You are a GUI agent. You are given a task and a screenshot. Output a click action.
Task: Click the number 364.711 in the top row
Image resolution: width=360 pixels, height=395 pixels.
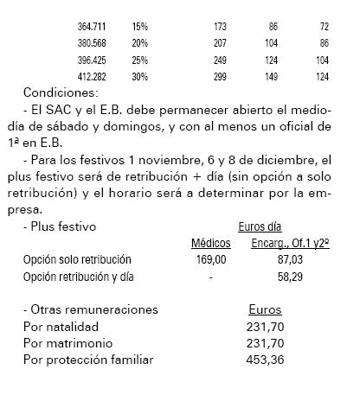[91, 28]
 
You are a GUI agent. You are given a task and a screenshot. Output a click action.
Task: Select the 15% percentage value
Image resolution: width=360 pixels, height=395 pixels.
[140, 28]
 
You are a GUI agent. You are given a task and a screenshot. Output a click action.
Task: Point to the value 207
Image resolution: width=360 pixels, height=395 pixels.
[218, 42]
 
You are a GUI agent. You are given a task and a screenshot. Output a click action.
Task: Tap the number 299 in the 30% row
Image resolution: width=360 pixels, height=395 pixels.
[218, 77]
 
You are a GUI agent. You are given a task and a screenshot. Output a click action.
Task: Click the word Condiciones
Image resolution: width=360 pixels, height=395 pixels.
[61, 92]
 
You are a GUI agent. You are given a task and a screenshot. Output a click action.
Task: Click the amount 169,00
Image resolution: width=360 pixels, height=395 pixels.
[211, 259]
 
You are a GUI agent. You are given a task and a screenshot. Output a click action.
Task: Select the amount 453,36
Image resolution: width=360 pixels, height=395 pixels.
[265, 359]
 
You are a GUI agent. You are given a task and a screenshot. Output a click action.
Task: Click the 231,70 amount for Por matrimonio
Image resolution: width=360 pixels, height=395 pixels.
[265, 342]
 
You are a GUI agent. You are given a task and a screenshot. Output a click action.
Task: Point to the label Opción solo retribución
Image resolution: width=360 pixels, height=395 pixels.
[77, 259]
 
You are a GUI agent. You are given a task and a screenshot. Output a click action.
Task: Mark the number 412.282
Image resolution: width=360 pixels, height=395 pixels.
[91, 77]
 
